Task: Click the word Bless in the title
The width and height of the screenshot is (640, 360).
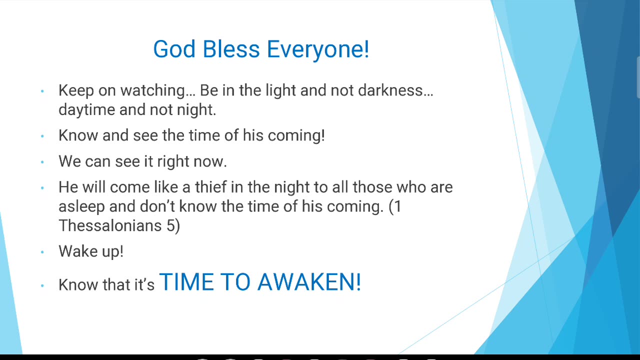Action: point(231,49)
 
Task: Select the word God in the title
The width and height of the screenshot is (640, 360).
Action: point(174,49)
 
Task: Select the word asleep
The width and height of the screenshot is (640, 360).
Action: point(81,207)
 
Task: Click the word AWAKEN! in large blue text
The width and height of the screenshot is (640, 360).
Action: point(309,282)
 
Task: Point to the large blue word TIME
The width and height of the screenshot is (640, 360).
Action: point(187,282)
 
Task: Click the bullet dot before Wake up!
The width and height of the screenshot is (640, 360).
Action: point(42,252)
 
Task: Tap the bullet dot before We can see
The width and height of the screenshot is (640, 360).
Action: point(42,162)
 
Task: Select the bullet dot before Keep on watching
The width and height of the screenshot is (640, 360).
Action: point(42,91)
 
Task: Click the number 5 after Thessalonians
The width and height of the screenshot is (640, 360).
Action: point(170,225)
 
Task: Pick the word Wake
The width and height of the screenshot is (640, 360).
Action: point(77,251)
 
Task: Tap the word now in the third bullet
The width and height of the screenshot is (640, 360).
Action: point(210,162)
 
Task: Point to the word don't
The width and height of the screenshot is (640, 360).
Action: point(157,206)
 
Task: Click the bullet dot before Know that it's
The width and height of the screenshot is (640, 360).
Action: point(42,285)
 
